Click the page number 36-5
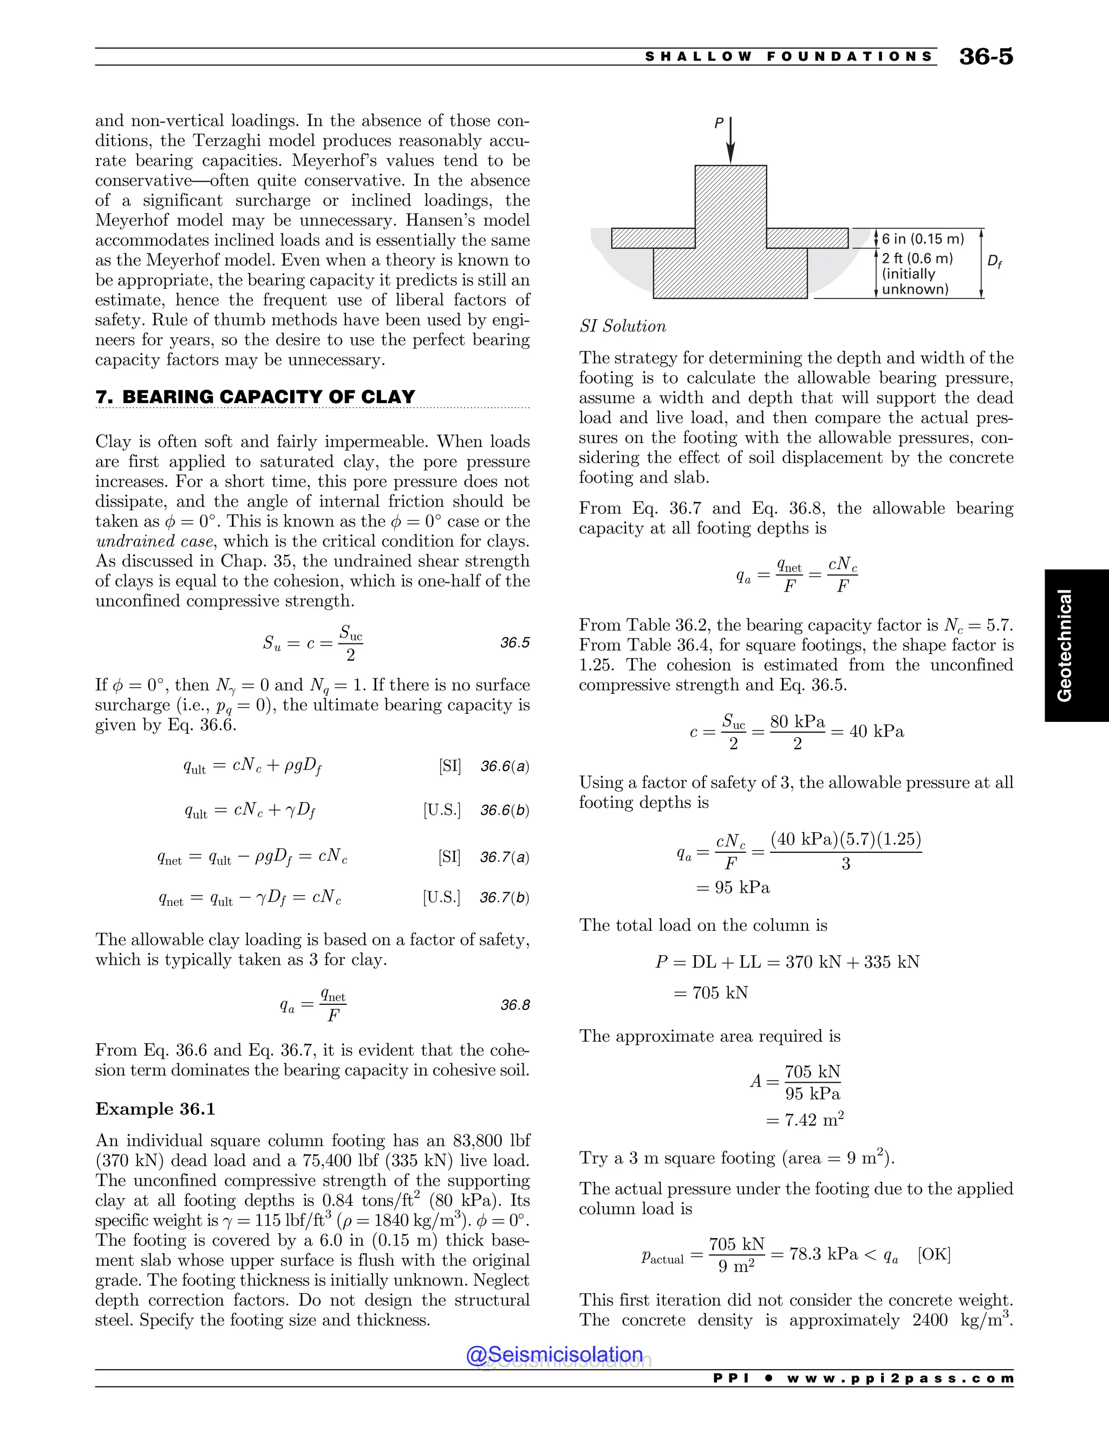click(x=986, y=56)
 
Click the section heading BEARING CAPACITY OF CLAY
click(x=268, y=397)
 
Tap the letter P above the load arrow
click(x=719, y=123)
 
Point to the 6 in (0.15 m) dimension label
click(x=922, y=239)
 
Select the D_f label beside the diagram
click(x=995, y=261)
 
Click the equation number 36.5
click(x=514, y=643)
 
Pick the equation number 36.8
click(x=514, y=1005)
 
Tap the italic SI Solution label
click(x=622, y=326)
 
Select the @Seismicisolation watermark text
click(x=554, y=1354)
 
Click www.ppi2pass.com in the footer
click(x=900, y=1378)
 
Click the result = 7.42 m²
click(x=804, y=1120)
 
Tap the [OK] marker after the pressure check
click(x=934, y=1254)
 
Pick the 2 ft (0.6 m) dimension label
click(x=917, y=259)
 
